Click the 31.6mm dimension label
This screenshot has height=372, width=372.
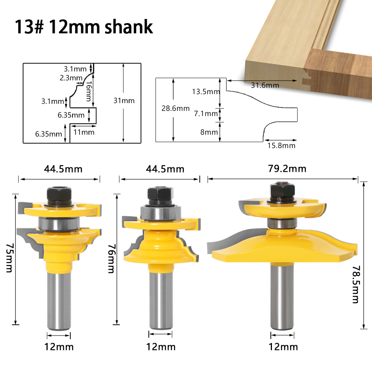[x=264, y=85]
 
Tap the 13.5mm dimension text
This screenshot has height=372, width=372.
[x=206, y=92]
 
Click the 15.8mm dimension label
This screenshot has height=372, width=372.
[x=281, y=145]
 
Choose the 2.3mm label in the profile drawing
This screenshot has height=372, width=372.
[x=70, y=78]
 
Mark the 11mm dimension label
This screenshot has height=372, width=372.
[x=84, y=132]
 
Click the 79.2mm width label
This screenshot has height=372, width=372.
[x=283, y=169]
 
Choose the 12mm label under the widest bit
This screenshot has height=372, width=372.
[x=283, y=347]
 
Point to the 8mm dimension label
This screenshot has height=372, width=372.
[x=209, y=132]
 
